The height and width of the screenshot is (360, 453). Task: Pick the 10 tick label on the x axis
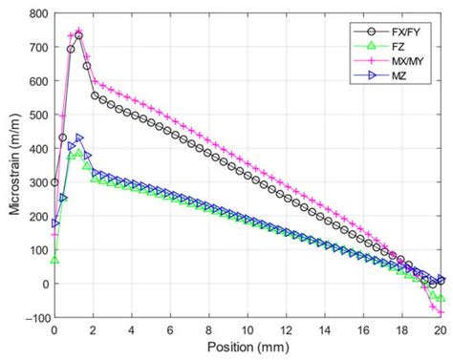pyautogui.click(x=248, y=331)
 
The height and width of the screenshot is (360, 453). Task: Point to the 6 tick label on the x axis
pyautogui.click(x=170, y=331)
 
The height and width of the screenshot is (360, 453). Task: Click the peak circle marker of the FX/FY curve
pyautogui.click(x=78, y=36)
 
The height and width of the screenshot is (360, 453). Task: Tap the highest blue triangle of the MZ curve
pyautogui.click(x=79, y=138)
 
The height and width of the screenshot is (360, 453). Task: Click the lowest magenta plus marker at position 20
pyautogui.click(x=441, y=312)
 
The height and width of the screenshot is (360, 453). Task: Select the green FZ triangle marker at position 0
pyautogui.click(x=54, y=260)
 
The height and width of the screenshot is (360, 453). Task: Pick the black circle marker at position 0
pyautogui.click(x=54, y=182)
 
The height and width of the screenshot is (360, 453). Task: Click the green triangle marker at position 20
pyautogui.click(x=441, y=298)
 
